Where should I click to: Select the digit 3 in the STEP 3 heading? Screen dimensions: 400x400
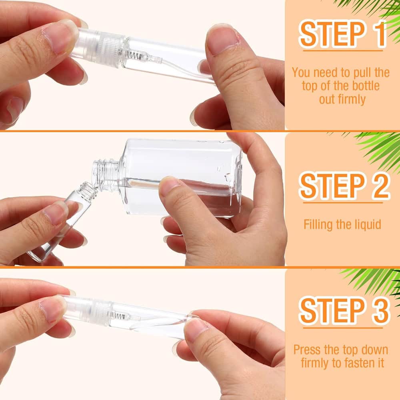click(x=380, y=310)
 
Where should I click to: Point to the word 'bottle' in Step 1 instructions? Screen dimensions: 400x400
click(x=366, y=86)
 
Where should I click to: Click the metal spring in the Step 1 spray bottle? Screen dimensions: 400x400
click(x=134, y=55)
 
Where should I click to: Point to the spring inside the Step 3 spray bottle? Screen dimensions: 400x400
click(x=118, y=316)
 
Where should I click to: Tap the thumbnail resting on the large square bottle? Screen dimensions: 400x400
click(x=170, y=186)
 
